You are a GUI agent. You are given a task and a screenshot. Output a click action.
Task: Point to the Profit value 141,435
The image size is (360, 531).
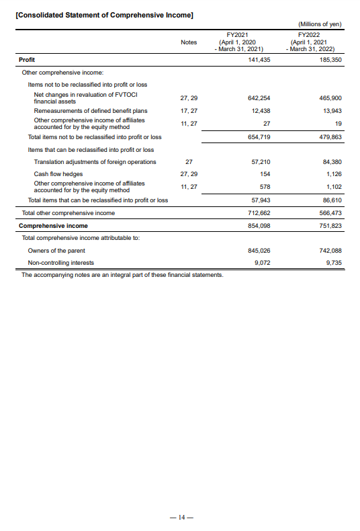click(259, 60)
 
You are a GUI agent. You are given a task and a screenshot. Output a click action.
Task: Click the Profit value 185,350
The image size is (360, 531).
click(329, 60)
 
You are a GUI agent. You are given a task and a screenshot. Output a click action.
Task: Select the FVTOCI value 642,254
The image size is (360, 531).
click(259, 97)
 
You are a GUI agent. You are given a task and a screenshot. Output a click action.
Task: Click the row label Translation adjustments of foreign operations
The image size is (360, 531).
click(95, 162)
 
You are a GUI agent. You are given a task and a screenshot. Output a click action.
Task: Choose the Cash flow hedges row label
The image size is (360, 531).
click(58, 174)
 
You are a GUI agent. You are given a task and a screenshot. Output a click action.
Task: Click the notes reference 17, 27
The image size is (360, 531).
click(189, 110)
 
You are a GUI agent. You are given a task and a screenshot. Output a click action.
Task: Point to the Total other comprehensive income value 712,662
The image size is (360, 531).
click(259, 213)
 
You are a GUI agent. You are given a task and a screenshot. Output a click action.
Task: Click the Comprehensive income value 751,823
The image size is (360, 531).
click(329, 226)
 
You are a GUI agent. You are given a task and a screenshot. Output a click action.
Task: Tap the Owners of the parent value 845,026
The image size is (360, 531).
click(259, 250)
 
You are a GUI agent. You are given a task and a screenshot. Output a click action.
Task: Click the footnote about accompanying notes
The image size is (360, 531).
click(122, 276)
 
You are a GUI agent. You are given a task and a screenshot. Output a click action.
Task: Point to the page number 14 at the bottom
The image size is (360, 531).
click(180, 518)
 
